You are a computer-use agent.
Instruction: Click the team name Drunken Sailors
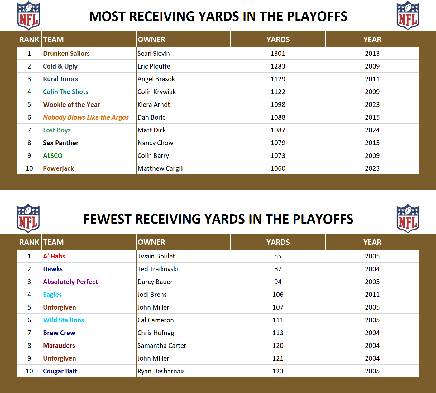click(66, 54)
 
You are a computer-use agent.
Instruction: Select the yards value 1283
click(278, 66)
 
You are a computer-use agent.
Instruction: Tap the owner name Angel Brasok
click(156, 79)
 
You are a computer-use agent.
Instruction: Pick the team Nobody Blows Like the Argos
click(86, 117)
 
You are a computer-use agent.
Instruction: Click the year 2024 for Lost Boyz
click(372, 130)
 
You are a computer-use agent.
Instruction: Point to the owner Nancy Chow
click(155, 143)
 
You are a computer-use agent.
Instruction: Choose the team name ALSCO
click(53, 156)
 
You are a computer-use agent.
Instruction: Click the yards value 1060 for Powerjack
click(278, 168)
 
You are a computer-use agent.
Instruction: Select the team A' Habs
click(54, 256)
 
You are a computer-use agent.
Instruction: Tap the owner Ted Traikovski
click(158, 269)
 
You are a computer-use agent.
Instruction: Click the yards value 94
click(278, 282)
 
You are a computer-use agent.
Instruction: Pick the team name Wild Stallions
click(63, 320)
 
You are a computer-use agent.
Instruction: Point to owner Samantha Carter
click(162, 346)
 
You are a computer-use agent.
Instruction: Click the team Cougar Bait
click(60, 371)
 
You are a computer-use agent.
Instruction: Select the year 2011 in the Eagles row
click(372, 295)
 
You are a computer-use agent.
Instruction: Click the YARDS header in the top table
click(278, 40)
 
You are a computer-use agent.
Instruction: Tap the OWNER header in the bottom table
click(151, 242)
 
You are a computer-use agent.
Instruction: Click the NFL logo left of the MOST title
click(28, 16)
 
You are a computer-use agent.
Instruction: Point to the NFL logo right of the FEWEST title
click(408, 218)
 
